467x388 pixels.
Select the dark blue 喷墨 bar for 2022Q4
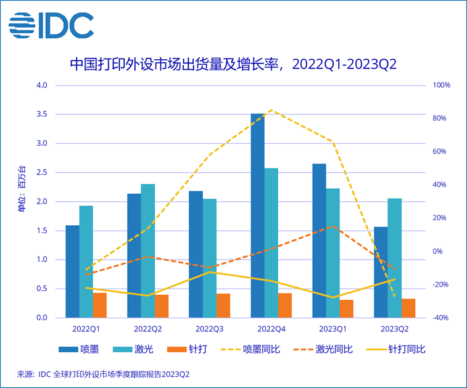[x=257, y=216]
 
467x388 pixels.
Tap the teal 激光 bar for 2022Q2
[x=148, y=250]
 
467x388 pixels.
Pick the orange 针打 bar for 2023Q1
[x=347, y=308]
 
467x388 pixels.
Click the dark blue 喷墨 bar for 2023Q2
[x=381, y=272]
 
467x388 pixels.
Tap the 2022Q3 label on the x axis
[x=210, y=328]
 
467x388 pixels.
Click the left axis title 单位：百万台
[x=22, y=188]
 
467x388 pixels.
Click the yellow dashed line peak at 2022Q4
[x=271, y=110]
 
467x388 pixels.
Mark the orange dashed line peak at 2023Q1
[x=333, y=226]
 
